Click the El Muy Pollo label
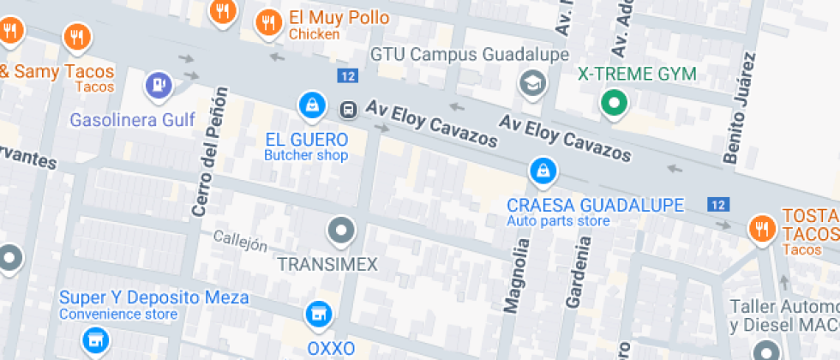pos(339,18)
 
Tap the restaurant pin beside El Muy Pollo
pos(269,22)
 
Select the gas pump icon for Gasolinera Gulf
pos(159,84)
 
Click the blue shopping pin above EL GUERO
pos(311,105)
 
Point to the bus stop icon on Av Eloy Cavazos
pos(349,109)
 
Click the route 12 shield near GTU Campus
pos(347,76)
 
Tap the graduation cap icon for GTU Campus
pos(533,84)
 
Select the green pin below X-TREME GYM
pos(613,105)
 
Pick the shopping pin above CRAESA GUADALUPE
pos(542,172)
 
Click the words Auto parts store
pos(558,221)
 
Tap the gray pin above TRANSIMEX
pos(340,231)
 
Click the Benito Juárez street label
pos(741,109)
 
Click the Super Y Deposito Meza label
pos(153,297)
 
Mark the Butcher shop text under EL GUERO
pos(306,156)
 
